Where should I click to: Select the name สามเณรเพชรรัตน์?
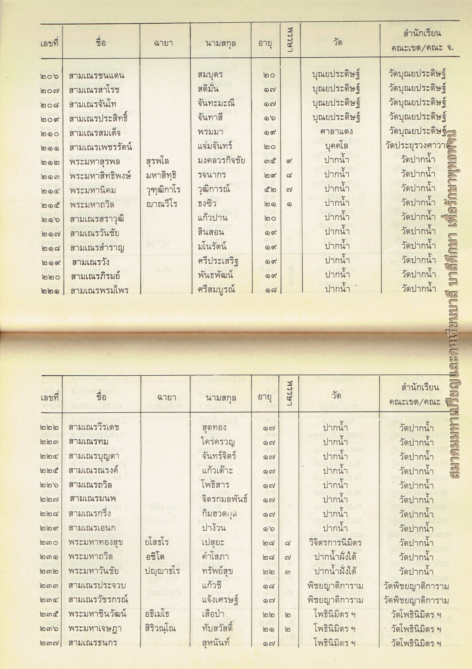click(x=101, y=147)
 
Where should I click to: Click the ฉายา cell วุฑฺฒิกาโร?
click(x=163, y=190)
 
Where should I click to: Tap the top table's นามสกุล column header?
click(x=220, y=44)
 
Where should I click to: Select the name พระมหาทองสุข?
click(x=96, y=542)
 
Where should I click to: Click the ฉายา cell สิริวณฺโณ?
click(x=160, y=628)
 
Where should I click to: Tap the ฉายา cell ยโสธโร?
click(x=157, y=542)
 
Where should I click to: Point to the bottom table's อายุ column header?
click(x=265, y=397)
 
